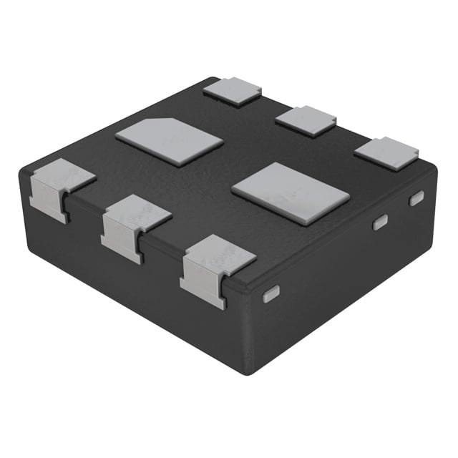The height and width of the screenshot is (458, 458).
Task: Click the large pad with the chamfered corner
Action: pyautogui.click(x=170, y=141)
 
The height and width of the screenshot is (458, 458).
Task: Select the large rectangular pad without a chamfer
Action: pyautogui.click(x=291, y=193)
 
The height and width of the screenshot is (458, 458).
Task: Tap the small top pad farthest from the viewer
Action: pyautogui.click(x=232, y=91)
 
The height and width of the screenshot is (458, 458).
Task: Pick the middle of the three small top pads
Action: pyautogui.click(x=306, y=120)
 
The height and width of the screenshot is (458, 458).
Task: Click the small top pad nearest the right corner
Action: pyautogui.click(x=386, y=153)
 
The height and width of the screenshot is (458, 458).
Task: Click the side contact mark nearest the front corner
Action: pyautogui.click(x=271, y=293)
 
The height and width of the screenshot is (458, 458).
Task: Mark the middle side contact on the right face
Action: pyautogui.click(x=380, y=222)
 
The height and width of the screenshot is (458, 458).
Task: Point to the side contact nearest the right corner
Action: pyautogui.click(x=416, y=198)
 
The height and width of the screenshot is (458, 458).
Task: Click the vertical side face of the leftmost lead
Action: pyautogui.click(x=49, y=204)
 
